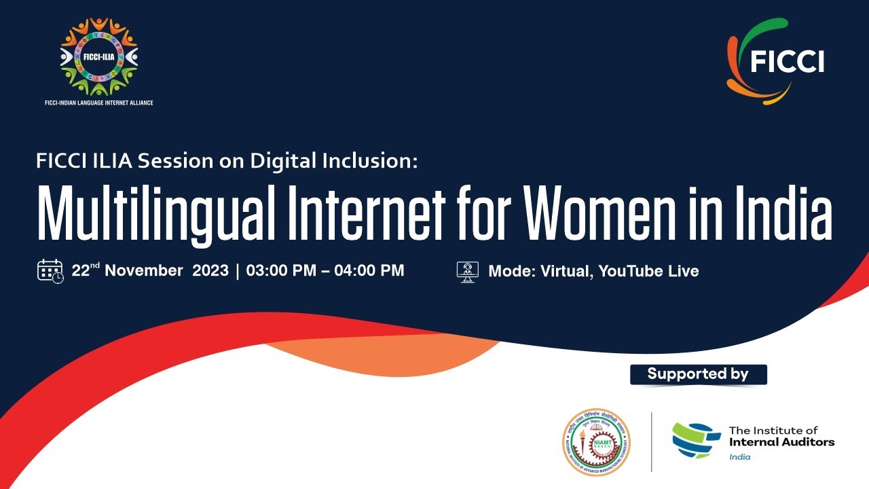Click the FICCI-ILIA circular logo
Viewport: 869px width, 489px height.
coord(98,56)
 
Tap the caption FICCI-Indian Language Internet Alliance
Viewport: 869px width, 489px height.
coord(98,103)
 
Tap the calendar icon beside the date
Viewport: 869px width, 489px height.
coord(50,271)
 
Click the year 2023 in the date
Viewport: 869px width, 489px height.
coord(210,270)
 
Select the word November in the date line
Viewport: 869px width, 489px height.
coord(143,270)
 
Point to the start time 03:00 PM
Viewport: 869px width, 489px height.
coord(281,270)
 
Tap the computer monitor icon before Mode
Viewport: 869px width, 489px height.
coord(468,271)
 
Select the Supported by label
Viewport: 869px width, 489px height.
coord(698,374)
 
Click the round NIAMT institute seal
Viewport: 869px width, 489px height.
coord(596,441)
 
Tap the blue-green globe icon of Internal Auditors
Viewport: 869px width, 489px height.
coord(696,441)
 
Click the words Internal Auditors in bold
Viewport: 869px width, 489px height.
coord(781,442)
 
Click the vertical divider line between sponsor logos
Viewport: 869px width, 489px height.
coord(652,441)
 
